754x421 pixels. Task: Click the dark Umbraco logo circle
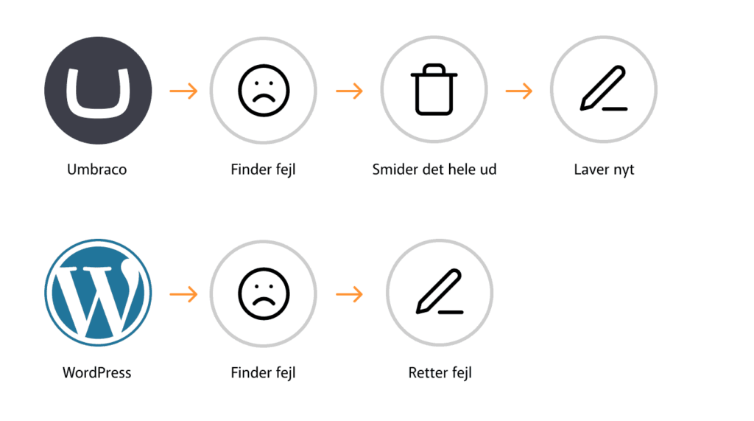[98, 91]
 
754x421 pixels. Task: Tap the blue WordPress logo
[98, 293]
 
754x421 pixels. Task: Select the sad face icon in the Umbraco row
[264, 91]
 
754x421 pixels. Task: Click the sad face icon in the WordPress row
[264, 294]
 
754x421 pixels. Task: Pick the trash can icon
[434, 90]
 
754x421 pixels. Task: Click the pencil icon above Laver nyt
[604, 88]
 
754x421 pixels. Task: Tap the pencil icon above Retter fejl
[440, 292]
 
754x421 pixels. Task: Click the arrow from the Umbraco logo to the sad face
[183, 91]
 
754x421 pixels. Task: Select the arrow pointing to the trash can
[350, 91]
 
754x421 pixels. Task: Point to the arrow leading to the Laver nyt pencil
[519, 91]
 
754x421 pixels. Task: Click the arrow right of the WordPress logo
[183, 294]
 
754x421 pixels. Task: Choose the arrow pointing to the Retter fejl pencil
[350, 294]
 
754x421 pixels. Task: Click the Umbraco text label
[97, 170]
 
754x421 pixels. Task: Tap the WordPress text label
[96, 373]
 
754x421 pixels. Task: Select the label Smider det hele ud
[434, 170]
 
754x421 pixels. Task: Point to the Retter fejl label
[440, 373]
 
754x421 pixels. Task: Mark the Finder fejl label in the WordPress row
[263, 373]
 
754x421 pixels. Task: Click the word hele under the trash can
[460, 170]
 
